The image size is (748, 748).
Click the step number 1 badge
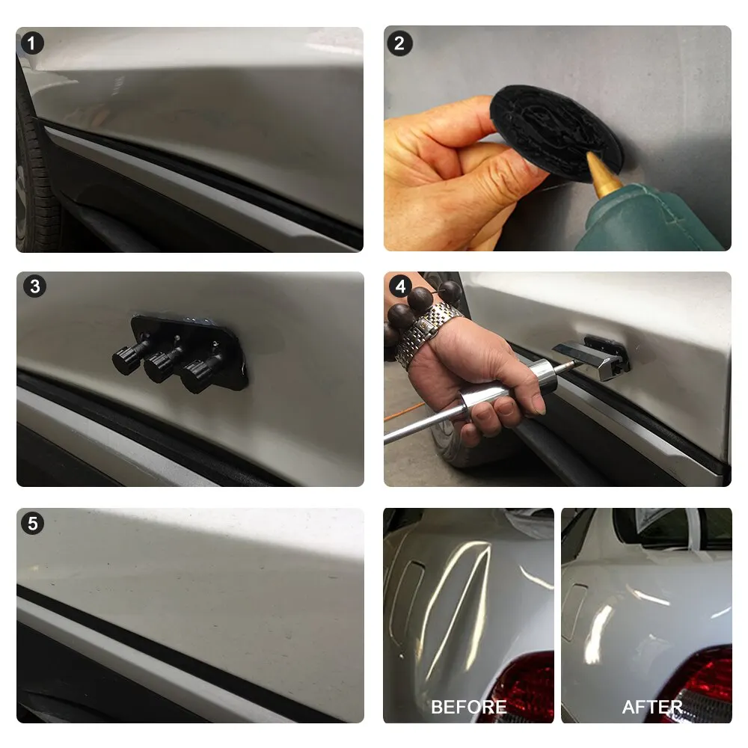pyautogui.click(x=32, y=43)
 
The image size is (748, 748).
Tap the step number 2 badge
pyautogui.click(x=399, y=44)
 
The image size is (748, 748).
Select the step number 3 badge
pyautogui.click(x=35, y=286)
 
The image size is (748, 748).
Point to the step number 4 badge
pyautogui.click(x=400, y=286)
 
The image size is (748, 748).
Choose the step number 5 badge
pyautogui.click(x=32, y=524)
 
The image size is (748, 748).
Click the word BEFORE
pyautogui.click(x=468, y=707)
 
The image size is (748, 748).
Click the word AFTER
pyautogui.click(x=652, y=707)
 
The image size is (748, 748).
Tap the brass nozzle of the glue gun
pyautogui.click(x=602, y=174)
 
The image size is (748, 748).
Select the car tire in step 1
pyautogui.click(x=36, y=172)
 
